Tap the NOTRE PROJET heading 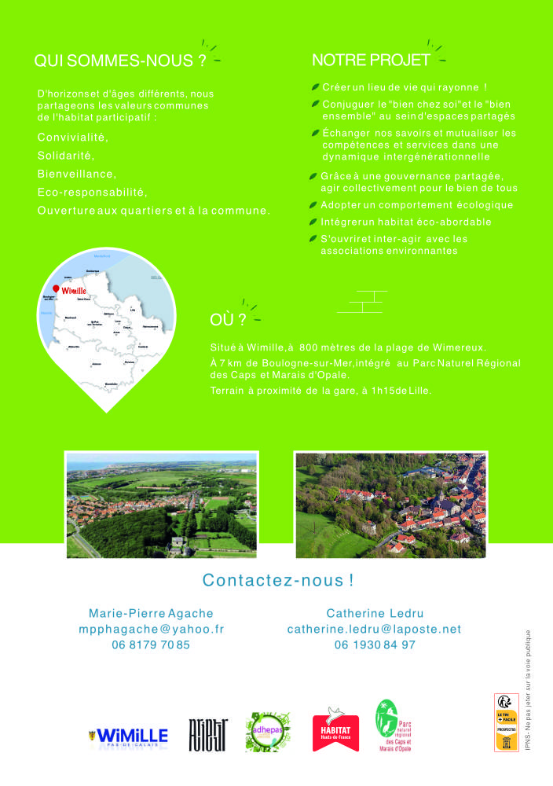click(371, 60)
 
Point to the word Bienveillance click(77, 174)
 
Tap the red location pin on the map click(55, 288)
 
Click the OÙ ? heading click(228, 320)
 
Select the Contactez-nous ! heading click(278, 581)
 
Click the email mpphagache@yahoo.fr click(151, 629)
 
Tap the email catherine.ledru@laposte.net click(374, 629)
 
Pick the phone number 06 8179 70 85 click(151, 645)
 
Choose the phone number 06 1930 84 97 click(374, 645)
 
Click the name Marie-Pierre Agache click(151, 613)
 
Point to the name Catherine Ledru click(374, 613)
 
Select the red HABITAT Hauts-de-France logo click(335, 729)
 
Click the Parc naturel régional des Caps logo click(397, 725)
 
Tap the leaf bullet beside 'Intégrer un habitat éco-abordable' click(314, 222)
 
